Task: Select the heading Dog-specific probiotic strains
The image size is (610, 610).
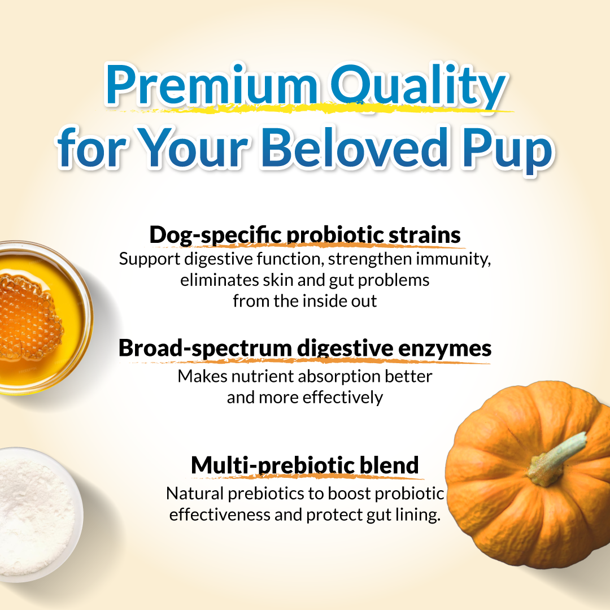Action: [x=305, y=235]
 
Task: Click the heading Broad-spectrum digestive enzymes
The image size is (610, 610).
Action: [x=305, y=348]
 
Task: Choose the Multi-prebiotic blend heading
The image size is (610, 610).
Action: [x=305, y=465]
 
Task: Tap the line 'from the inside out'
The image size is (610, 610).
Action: [x=305, y=300]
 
